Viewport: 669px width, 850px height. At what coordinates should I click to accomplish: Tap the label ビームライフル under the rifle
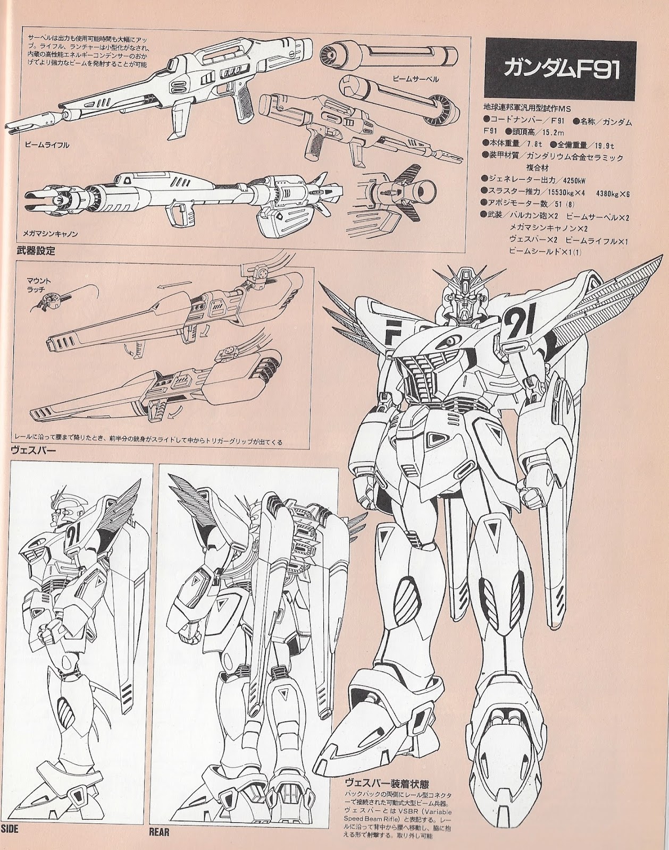coord(47,144)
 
